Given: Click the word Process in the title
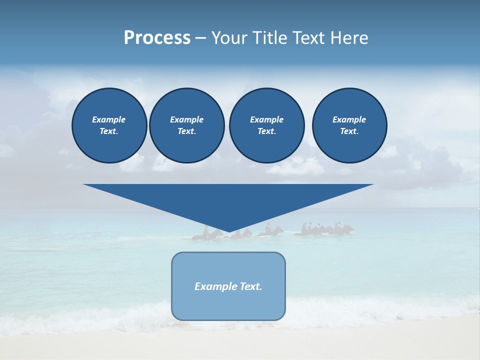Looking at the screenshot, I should point(157,38).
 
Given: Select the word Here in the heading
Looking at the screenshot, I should point(350,38).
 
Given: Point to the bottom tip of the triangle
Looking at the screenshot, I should point(229,232).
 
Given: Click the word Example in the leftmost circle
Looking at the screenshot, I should point(109,119).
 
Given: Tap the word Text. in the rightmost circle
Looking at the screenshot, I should point(349,131).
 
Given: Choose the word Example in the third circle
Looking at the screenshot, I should point(266,119).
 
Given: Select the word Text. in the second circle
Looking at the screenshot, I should point(186,131).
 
